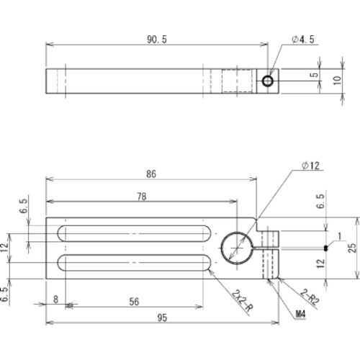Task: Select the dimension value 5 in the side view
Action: pyautogui.click(x=315, y=75)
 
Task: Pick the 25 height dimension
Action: pyautogui.click(x=351, y=248)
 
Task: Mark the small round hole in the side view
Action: pyautogui.click(x=268, y=81)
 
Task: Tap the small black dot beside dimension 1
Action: pyautogui.click(x=326, y=248)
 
